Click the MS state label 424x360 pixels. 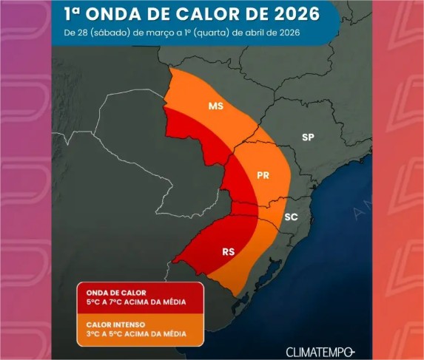[x=215, y=106]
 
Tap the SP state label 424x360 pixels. [x=309, y=137]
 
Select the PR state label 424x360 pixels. [x=263, y=176]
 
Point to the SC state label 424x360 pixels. [x=292, y=217]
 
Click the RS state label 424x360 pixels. [x=229, y=252]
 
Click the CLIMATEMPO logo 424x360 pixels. [x=320, y=351]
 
